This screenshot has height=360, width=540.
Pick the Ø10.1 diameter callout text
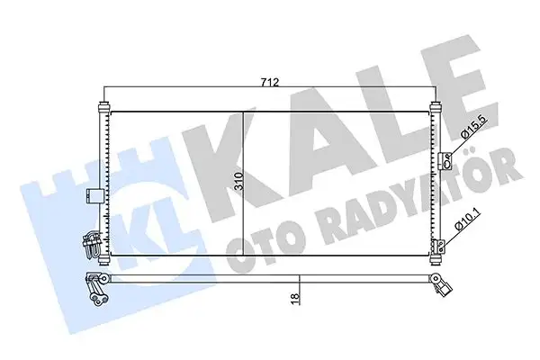pos(463,219)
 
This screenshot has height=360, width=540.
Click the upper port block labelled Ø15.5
pos(445,161)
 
